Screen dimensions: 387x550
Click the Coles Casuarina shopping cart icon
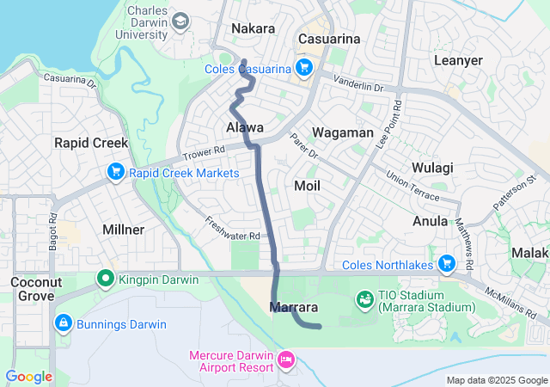(x=303, y=68)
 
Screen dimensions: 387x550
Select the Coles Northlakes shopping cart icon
(x=446, y=264)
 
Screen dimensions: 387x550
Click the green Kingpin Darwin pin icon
(x=105, y=279)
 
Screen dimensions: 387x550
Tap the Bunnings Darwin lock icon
(x=62, y=324)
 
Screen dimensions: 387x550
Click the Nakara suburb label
(x=254, y=28)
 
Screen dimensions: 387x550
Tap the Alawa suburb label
(x=244, y=127)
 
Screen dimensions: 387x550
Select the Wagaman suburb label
(x=342, y=132)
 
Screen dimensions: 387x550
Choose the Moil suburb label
(x=307, y=186)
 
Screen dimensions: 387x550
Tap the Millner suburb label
(x=123, y=230)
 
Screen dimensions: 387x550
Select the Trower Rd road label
(x=203, y=154)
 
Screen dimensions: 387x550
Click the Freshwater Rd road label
(x=232, y=229)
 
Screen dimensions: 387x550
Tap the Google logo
(x=29, y=376)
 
